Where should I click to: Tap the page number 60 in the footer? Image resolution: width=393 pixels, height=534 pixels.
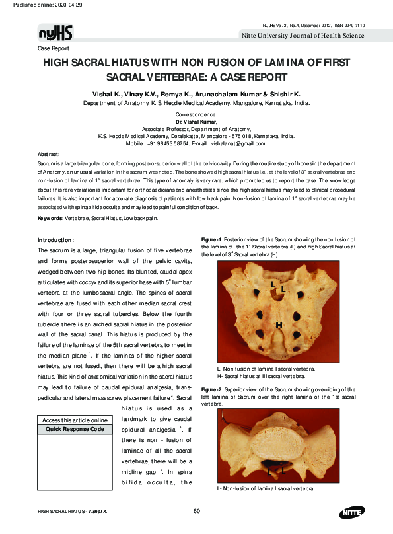coord(196,510)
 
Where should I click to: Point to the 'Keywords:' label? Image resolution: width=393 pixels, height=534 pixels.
coord(50,218)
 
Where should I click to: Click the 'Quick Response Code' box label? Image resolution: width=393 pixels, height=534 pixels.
coord(74,429)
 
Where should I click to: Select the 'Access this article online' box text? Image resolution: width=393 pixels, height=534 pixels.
coord(74,420)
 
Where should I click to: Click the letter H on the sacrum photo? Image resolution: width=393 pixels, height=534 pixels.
coord(279,325)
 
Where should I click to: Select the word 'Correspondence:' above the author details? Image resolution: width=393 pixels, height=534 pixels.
coord(196,115)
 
